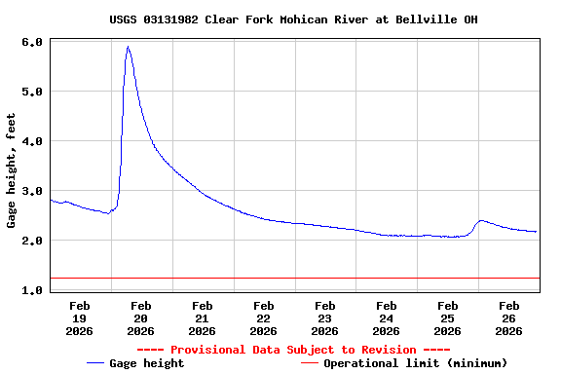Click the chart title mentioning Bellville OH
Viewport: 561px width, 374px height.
(293, 19)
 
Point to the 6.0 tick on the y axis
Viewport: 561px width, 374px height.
(31, 43)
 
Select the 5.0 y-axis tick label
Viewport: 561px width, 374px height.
(31, 92)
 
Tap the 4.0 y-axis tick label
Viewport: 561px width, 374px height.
(31, 141)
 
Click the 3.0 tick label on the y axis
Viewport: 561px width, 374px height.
(31, 191)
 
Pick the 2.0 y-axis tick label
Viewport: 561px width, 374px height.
(31, 241)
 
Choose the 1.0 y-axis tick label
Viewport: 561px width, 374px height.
(31, 290)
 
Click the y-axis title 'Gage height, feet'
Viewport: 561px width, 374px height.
(12, 170)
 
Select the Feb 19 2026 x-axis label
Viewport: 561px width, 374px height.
(80, 318)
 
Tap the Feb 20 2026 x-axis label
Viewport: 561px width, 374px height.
(141, 318)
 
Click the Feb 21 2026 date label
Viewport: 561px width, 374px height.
(203, 318)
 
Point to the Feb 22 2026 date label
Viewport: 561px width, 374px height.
(264, 318)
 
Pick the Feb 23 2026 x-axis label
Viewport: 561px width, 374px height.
(325, 318)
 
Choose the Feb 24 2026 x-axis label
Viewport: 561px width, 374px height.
(387, 318)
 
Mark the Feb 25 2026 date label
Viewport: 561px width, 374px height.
(448, 318)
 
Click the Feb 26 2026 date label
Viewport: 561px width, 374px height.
(509, 318)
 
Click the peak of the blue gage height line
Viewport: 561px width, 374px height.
(128, 47)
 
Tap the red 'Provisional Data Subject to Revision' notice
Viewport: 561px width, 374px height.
(293, 350)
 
